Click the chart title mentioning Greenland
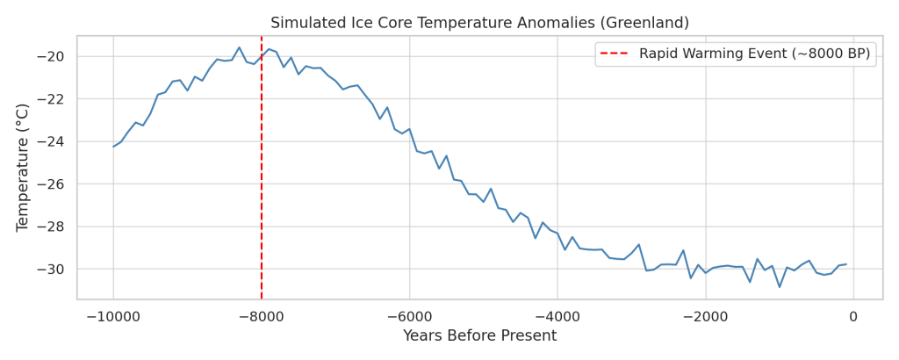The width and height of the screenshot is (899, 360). point(479,23)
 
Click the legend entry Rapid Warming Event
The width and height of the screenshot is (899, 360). point(754,54)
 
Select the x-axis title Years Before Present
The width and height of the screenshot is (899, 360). point(479,336)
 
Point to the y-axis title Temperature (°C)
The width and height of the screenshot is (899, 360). point(24,167)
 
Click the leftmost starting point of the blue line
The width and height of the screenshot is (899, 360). point(113,146)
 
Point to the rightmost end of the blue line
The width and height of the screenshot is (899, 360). point(846,264)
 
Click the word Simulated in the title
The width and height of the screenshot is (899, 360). point(304,23)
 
